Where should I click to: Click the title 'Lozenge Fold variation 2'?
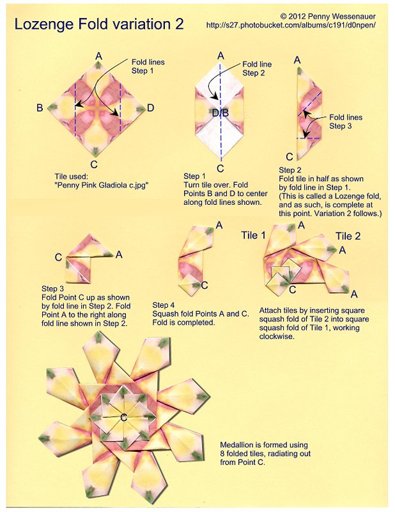pyautogui.click(x=99, y=25)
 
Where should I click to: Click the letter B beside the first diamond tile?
pyautogui.click(x=40, y=108)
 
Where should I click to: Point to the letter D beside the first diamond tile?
pyautogui.click(x=150, y=108)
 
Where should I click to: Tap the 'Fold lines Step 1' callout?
pyautogui.click(x=148, y=67)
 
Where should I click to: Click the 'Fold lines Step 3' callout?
pyautogui.click(x=345, y=122)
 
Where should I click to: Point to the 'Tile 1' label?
pyautogui.click(x=253, y=236)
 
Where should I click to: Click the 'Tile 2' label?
pyautogui.click(x=348, y=236)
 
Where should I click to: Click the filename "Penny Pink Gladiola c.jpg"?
pyautogui.click(x=102, y=186)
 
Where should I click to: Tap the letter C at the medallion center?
pyautogui.click(x=123, y=417)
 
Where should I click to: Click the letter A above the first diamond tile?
pyautogui.click(x=98, y=56)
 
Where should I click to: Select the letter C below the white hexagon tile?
pyautogui.click(x=221, y=168)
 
